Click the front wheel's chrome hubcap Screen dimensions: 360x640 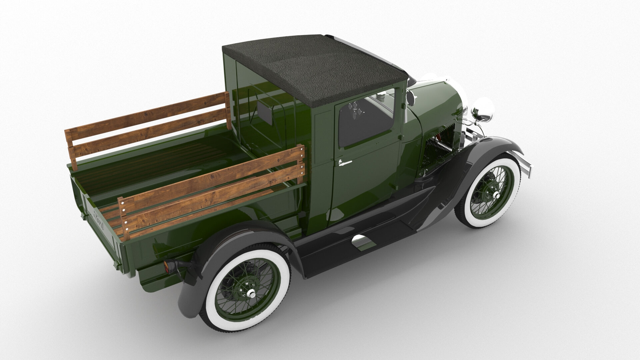point(496,195)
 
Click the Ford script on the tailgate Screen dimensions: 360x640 point(99,222)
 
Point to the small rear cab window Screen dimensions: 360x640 point(264,111)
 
